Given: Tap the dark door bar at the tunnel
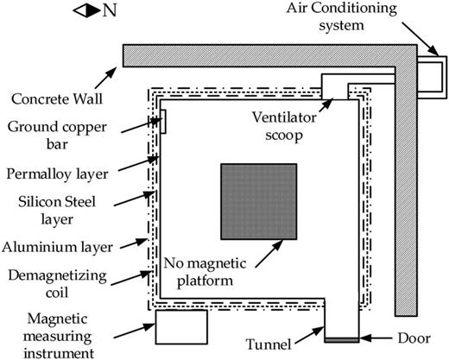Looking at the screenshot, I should click(x=343, y=337).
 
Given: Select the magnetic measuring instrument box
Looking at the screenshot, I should click(x=181, y=326).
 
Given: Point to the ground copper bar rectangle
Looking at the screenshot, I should click(x=162, y=123).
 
